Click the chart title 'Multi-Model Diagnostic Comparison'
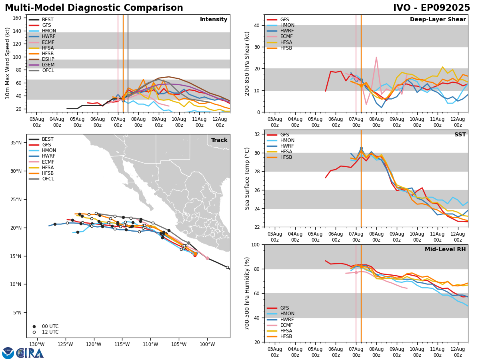94,8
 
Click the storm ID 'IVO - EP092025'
432,8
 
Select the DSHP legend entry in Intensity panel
48,59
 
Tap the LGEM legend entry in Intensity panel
48,65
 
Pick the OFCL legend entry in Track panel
48,179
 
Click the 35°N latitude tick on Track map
16,143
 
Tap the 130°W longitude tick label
36,344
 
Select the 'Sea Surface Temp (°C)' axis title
247,178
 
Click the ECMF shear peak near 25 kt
376,57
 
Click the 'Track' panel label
219,140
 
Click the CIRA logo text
30,353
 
